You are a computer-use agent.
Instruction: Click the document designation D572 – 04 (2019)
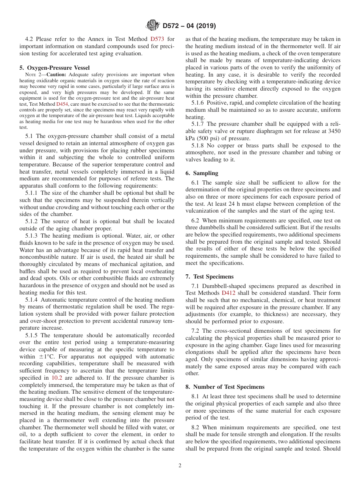(189, 26)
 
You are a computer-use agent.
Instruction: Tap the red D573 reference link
(157, 39)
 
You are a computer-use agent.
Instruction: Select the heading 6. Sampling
(202, 173)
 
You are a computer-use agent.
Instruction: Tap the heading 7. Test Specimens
(210, 276)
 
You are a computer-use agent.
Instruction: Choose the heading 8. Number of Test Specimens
(225, 387)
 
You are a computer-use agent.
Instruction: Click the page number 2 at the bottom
(180, 466)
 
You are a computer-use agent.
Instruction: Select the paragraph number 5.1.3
(33, 236)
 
